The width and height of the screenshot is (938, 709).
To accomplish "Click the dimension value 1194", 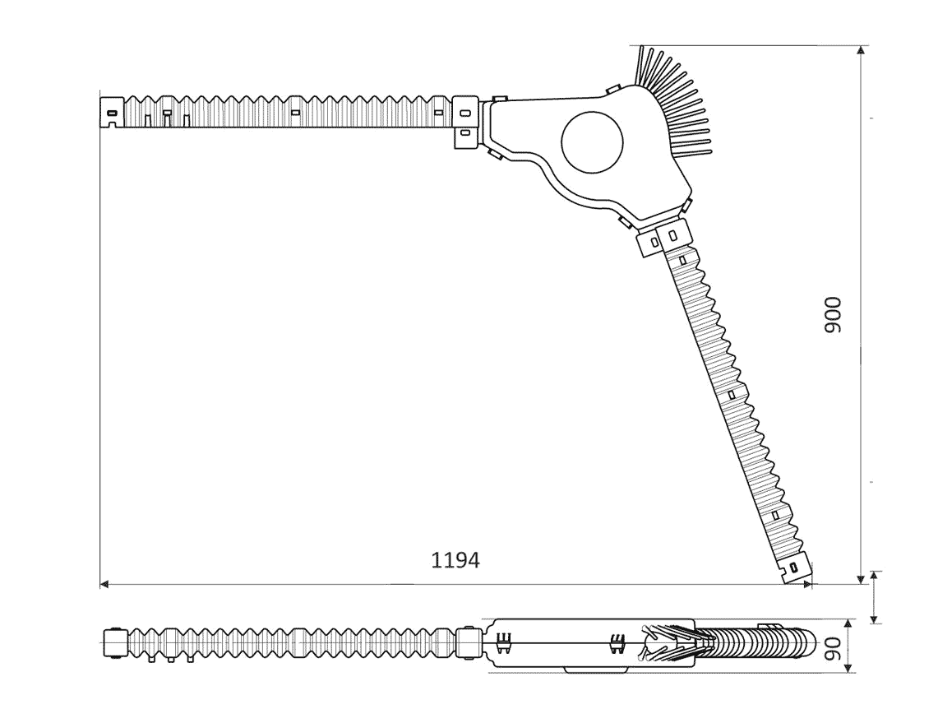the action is click(x=455, y=560).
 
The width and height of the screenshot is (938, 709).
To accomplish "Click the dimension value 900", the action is click(x=832, y=315).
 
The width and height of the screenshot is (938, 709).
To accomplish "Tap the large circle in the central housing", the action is click(x=592, y=141).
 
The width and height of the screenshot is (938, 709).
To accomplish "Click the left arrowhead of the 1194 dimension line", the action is click(x=104, y=583).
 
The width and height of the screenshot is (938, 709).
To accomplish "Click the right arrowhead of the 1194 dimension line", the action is click(x=807, y=583).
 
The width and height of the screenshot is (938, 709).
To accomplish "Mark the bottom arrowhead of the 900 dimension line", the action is click(x=861, y=578).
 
